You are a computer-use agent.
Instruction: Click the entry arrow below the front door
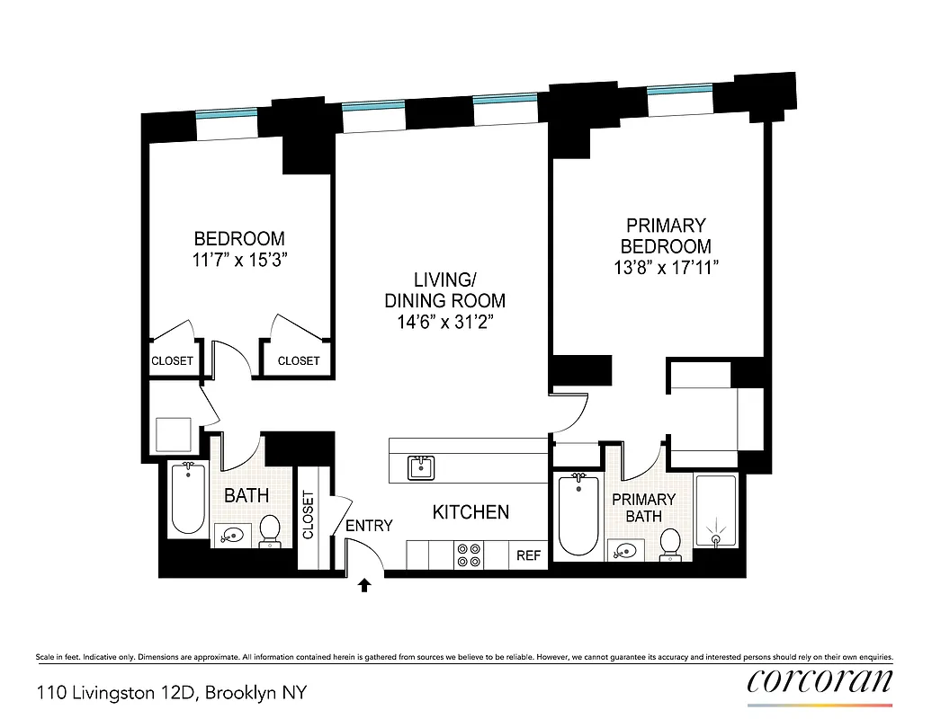click(x=363, y=586)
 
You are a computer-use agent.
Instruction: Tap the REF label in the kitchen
click(x=528, y=555)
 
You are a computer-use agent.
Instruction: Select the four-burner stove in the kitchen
click(x=468, y=555)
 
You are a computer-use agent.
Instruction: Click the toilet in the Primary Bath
click(x=669, y=544)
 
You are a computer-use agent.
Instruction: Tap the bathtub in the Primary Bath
click(x=578, y=515)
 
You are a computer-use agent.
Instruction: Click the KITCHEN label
click(x=470, y=512)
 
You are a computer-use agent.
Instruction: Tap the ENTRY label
click(x=369, y=525)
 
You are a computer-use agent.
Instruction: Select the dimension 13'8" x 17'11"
click(x=667, y=267)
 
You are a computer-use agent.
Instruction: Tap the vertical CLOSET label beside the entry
click(x=309, y=515)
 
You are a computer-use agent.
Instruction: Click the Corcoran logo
click(x=820, y=680)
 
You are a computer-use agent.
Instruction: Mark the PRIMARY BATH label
click(x=644, y=507)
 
